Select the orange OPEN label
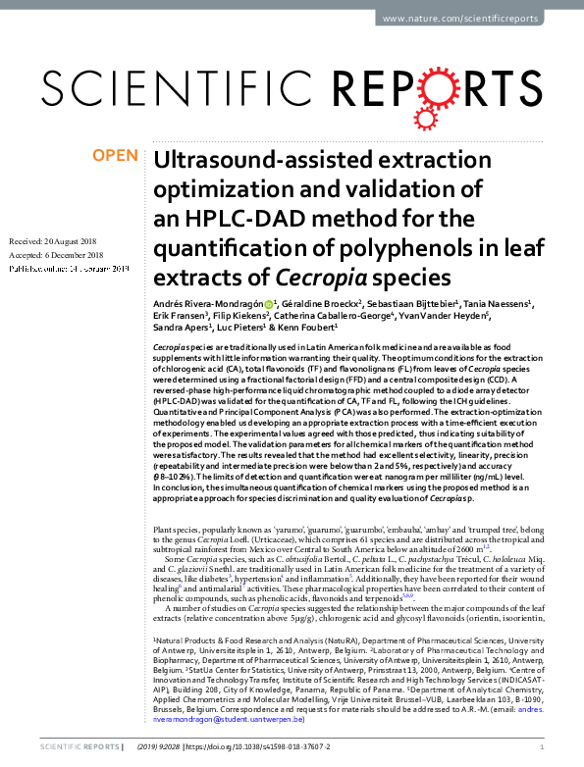(115, 156)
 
